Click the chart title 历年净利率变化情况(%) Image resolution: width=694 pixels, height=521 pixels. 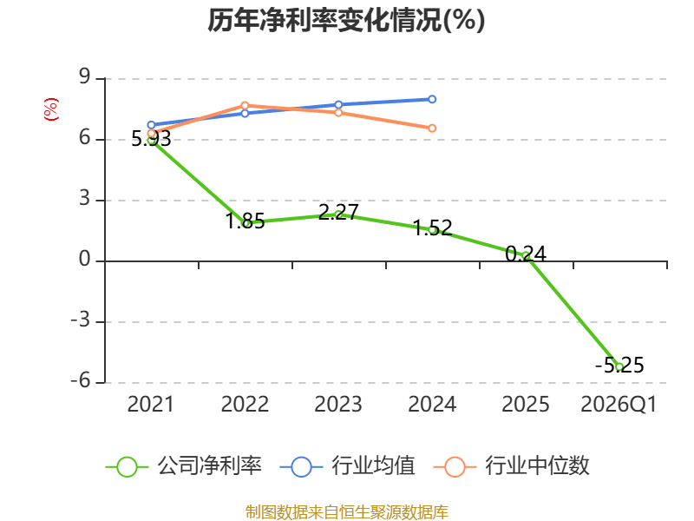pyautogui.click(x=346, y=20)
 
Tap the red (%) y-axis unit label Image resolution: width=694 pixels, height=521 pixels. pyautogui.click(x=51, y=109)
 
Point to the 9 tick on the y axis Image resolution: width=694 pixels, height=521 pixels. pyautogui.click(x=84, y=77)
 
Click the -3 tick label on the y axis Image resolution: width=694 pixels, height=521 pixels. pyautogui.click(x=81, y=320)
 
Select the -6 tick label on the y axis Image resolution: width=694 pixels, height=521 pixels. pyautogui.click(x=81, y=381)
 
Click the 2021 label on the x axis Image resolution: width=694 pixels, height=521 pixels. pyautogui.click(x=151, y=405)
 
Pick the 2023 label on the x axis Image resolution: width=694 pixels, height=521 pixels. pyautogui.click(x=338, y=405)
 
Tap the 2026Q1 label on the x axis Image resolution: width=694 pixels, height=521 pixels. pyautogui.click(x=619, y=405)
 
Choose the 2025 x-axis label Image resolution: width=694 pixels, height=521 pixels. pyautogui.click(x=526, y=405)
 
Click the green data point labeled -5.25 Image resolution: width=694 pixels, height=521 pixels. pyautogui.click(x=619, y=366)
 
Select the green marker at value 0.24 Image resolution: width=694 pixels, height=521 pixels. pyautogui.click(x=526, y=255)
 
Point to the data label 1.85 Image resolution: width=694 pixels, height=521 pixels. pyautogui.click(x=246, y=221)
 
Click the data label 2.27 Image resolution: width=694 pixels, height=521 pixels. pyautogui.click(x=338, y=212)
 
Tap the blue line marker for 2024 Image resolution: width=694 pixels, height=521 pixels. pyautogui.click(x=432, y=99)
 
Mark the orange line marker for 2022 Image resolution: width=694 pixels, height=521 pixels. pyautogui.click(x=245, y=105)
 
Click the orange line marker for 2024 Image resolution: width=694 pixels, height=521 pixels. pyautogui.click(x=432, y=128)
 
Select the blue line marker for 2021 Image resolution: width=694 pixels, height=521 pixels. pyautogui.click(x=151, y=125)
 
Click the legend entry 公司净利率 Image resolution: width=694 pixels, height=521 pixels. pyautogui.click(x=184, y=466)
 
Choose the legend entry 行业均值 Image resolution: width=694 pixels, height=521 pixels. pyautogui.click(x=348, y=466)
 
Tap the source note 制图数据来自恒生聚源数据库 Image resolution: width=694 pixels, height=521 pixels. pyautogui.click(x=347, y=512)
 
